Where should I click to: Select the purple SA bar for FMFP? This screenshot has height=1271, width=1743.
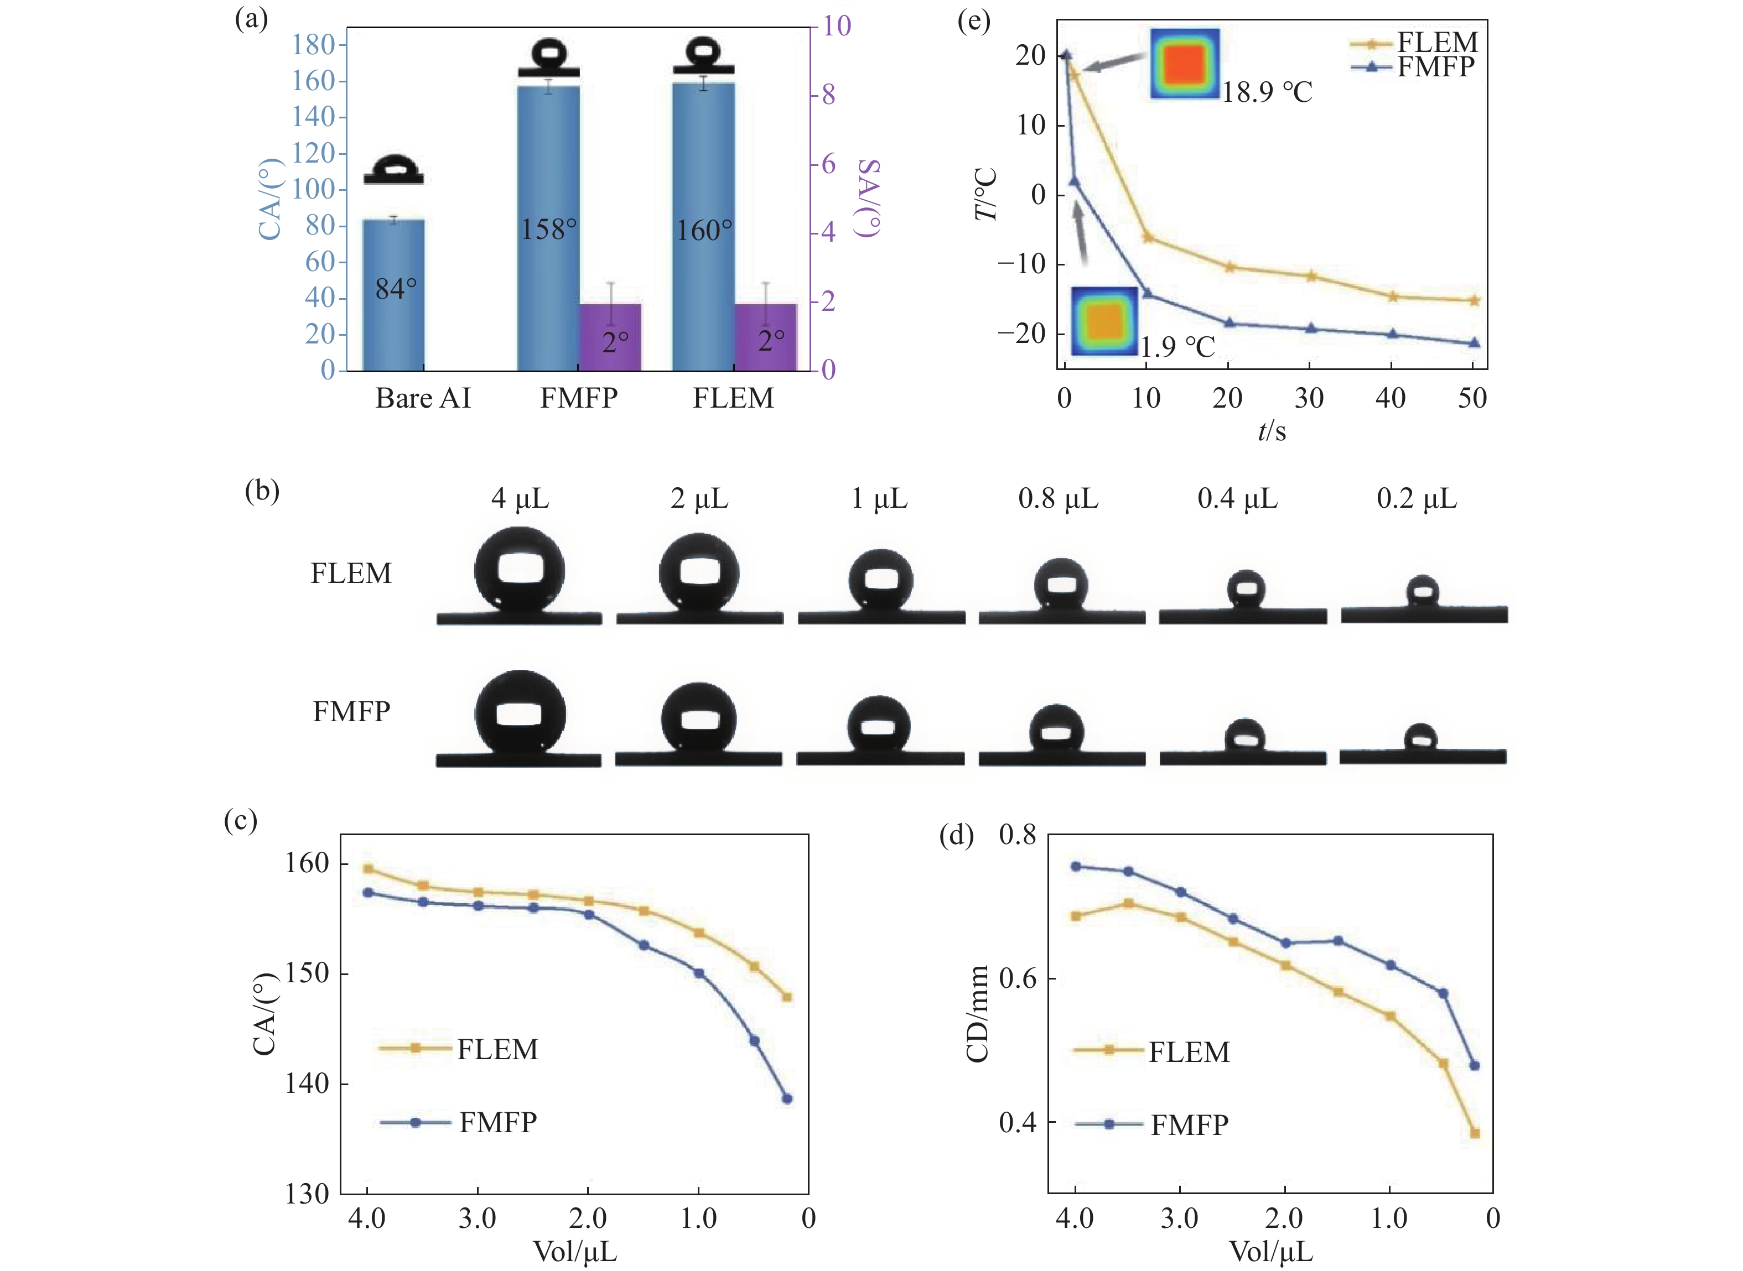tap(609, 338)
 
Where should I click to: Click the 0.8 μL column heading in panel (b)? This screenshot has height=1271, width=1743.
tap(1058, 499)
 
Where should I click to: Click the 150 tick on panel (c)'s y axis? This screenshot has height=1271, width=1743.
tap(307, 973)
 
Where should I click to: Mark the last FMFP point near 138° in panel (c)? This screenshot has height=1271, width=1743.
tap(786, 1098)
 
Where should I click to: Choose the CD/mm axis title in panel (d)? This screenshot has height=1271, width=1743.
tap(977, 1013)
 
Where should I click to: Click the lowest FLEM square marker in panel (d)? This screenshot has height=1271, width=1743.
tap(1475, 1133)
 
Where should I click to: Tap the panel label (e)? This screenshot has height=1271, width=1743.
tap(973, 21)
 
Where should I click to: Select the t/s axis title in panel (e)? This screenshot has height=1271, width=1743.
tap(1271, 431)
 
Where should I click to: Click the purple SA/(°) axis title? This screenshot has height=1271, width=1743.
tap(868, 199)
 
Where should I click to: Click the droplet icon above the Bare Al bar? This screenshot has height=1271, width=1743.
tap(393, 169)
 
